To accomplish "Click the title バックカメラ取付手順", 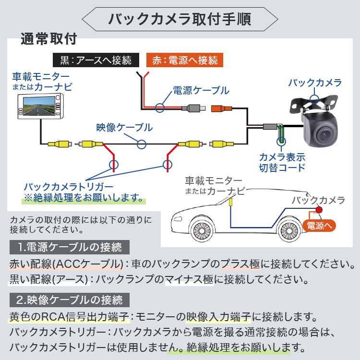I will click(x=180, y=20).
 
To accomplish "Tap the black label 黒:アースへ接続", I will click(x=96, y=60).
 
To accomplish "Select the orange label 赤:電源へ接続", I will click(x=185, y=60).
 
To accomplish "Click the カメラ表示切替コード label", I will click(x=282, y=162).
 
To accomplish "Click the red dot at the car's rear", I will click(x=318, y=210).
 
